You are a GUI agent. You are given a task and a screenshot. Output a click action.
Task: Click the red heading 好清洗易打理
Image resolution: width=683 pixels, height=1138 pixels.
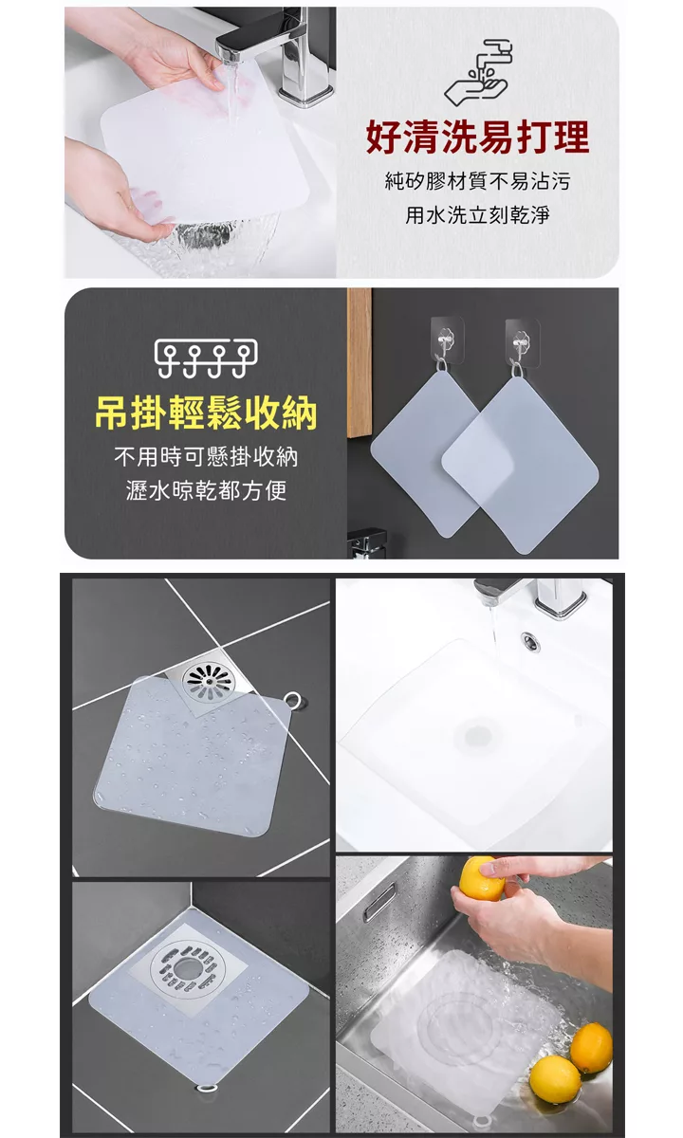coord(477,138)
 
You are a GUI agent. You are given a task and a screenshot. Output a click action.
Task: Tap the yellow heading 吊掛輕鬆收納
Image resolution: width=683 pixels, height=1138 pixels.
coord(206,413)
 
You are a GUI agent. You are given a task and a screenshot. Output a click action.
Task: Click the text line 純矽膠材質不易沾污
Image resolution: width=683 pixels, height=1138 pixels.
coord(477,181)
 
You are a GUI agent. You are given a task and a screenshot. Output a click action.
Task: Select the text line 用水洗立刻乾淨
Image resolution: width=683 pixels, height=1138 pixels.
coord(477,215)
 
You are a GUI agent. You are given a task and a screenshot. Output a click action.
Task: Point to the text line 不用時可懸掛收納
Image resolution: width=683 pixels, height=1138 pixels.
coord(206,457)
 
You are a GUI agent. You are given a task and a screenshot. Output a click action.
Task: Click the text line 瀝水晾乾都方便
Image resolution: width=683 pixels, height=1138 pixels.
coord(206,491)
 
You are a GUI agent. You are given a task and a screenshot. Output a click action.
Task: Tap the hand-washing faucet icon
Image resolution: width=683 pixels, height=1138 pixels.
coord(477,72)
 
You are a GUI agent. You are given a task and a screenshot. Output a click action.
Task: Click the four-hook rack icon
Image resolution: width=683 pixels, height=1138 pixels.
coord(206,358)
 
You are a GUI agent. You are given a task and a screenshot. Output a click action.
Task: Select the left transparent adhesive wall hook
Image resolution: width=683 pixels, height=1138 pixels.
coord(447,340)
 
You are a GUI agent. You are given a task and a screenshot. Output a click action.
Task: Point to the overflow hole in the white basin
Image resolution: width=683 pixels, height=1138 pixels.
coord(530,643)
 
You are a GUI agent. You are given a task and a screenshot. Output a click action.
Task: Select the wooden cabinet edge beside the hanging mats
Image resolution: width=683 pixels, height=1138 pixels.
coord(360,362)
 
